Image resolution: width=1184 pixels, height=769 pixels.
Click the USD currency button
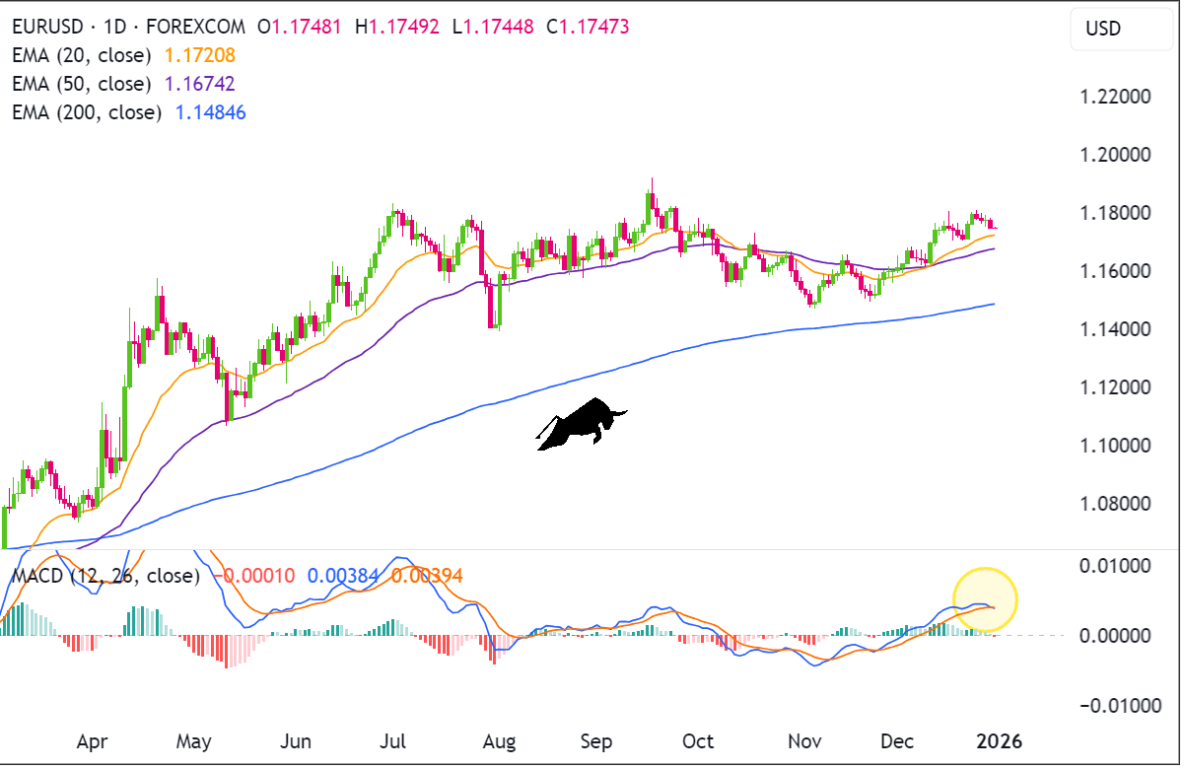click(1103, 29)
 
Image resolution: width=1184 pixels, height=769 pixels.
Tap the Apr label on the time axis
click(92, 740)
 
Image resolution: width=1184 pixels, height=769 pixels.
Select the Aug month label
click(500, 740)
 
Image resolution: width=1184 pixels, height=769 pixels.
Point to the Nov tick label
click(804, 740)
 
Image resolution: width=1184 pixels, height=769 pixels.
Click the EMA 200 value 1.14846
click(210, 112)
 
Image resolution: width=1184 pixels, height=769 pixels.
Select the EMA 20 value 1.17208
click(200, 55)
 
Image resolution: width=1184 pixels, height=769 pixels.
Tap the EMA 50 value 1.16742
click(200, 84)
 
